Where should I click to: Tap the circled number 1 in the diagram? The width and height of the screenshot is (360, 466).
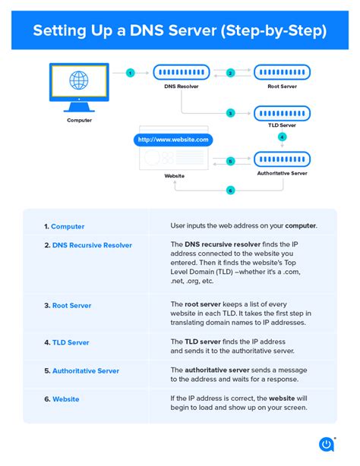point(131,73)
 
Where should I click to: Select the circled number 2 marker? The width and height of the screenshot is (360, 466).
point(231,73)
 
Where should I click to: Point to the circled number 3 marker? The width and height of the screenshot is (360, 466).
point(231,113)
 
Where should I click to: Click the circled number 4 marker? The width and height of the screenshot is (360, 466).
point(283,137)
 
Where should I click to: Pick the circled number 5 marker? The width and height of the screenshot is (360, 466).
point(231,161)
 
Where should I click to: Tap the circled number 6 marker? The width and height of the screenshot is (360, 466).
point(231,190)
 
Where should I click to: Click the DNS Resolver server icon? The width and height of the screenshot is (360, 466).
point(181,73)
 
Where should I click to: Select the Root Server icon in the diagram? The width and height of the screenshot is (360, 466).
point(282,73)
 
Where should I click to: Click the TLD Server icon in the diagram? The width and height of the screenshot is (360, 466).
point(282,113)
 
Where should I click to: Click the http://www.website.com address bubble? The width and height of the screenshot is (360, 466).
point(172,140)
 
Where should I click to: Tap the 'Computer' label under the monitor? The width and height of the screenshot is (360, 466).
point(79,120)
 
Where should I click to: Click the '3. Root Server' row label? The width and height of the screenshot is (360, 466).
point(68,305)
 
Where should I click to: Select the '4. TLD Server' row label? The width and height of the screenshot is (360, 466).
point(66,342)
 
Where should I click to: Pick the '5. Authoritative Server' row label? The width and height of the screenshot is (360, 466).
point(81,370)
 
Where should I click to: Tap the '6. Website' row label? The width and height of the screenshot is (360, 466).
point(62,398)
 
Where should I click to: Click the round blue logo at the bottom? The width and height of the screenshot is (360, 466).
point(328,444)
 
